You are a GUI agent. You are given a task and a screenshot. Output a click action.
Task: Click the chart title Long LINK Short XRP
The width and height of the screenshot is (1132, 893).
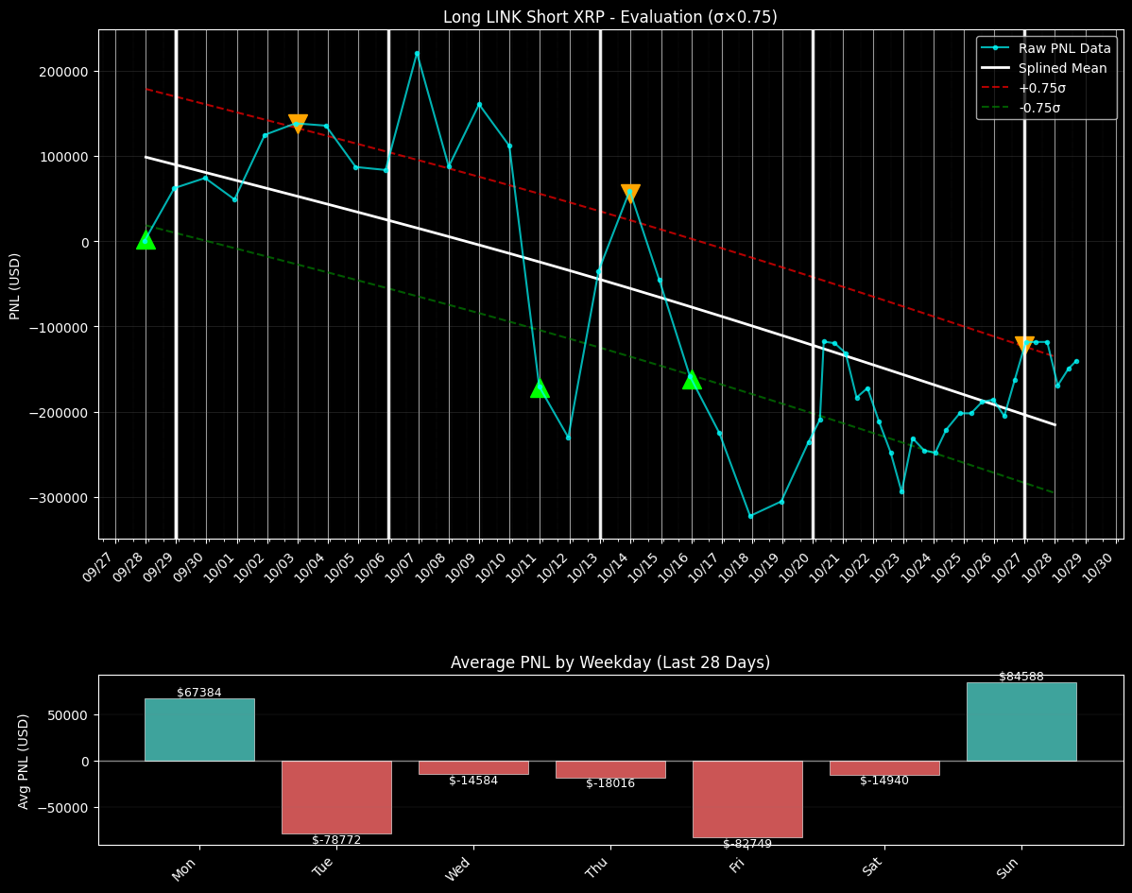(609, 17)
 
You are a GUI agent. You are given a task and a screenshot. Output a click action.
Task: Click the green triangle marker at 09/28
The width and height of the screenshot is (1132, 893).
(146, 240)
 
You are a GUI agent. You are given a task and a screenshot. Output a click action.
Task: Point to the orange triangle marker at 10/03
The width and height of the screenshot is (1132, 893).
(298, 123)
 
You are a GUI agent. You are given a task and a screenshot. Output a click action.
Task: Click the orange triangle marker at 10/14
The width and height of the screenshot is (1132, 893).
(630, 193)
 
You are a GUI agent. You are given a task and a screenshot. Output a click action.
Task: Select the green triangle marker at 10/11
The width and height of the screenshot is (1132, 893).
(540, 387)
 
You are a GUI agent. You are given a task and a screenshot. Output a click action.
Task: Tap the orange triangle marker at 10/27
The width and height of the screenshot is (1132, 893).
(1024, 345)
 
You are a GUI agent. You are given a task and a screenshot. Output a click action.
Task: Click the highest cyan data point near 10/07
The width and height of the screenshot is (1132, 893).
(417, 54)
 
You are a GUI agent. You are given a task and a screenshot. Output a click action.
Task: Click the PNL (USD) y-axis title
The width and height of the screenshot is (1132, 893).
(15, 285)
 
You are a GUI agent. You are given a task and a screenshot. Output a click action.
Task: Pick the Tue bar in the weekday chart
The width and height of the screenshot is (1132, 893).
(336, 797)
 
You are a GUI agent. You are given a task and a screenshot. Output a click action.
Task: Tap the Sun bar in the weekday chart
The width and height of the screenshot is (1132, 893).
(1021, 721)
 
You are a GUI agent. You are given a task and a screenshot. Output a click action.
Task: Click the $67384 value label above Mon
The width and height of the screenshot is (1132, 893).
(199, 693)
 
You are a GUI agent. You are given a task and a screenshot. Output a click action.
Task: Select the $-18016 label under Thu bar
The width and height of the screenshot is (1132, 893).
(610, 783)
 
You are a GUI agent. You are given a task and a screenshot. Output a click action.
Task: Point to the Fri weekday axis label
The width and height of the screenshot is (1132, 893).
(737, 865)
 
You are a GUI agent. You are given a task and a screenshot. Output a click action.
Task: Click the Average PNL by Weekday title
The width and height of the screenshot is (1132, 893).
(609, 662)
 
